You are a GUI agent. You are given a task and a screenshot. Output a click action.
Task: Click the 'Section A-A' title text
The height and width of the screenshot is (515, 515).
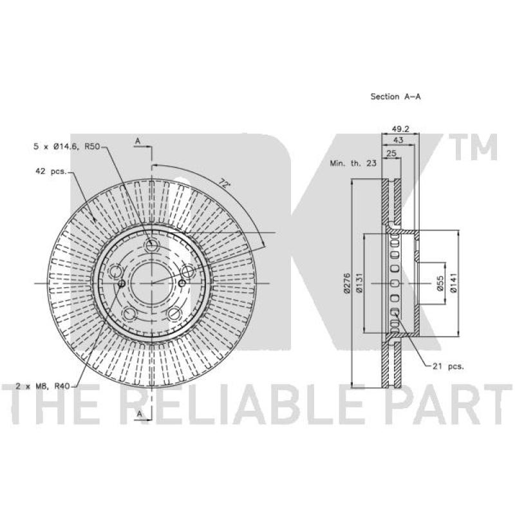click(395, 97)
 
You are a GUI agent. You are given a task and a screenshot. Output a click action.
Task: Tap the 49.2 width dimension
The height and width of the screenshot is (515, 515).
click(400, 129)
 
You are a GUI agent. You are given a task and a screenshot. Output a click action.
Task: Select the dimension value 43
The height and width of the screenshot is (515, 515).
click(398, 140)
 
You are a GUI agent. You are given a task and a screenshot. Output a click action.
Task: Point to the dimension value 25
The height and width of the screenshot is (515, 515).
click(391, 153)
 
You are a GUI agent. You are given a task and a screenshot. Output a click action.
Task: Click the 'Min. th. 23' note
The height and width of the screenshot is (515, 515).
click(353, 163)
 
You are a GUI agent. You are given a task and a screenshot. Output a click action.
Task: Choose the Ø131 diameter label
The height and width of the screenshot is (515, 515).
click(359, 283)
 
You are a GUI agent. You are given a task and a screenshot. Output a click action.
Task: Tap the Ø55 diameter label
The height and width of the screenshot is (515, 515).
click(440, 283)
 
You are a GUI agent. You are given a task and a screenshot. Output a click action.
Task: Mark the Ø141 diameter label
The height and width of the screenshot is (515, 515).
click(453, 283)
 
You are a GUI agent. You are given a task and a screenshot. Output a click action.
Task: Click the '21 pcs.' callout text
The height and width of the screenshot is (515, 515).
click(448, 366)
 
